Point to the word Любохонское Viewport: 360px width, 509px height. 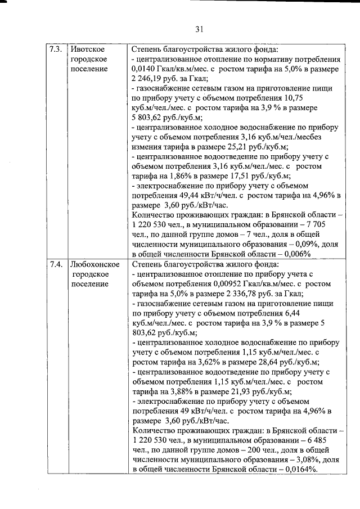[93, 264]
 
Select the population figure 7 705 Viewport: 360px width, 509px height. [329, 226]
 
